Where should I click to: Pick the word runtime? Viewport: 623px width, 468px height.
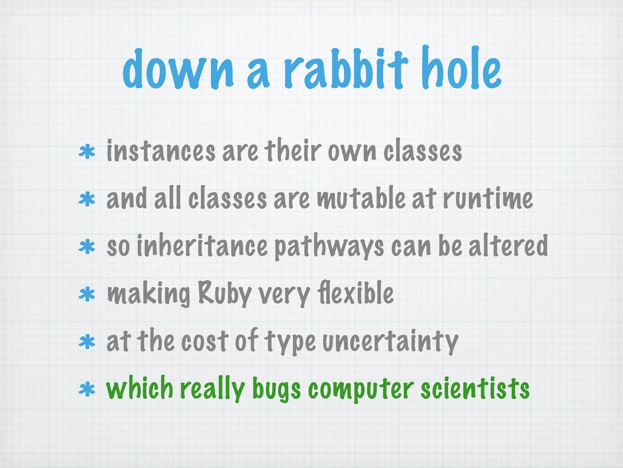[488, 198]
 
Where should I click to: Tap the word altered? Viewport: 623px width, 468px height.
[508, 246]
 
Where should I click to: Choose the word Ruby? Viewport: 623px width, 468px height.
[225, 293]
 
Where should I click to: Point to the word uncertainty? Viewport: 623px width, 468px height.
[390, 341]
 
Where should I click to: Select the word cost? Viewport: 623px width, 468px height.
[204, 341]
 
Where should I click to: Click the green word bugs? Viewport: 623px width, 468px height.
[277, 389]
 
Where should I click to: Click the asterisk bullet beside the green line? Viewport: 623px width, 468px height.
[87, 390]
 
